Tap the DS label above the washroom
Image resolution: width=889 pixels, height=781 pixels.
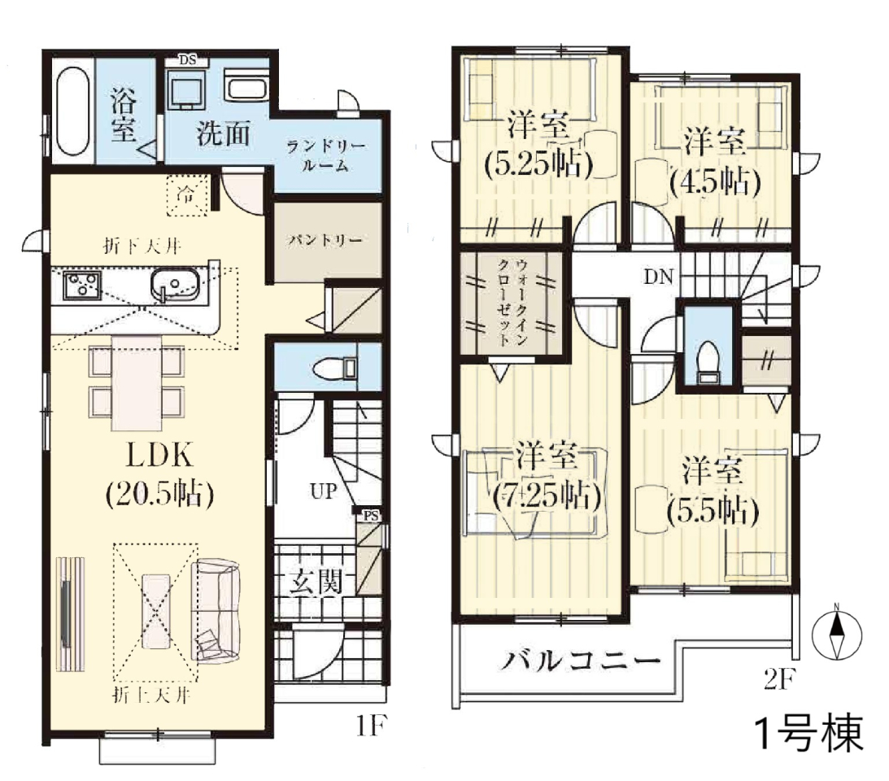(x=187, y=59)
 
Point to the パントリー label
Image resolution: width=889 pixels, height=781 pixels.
(x=325, y=240)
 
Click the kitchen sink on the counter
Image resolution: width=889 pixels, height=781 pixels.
(x=175, y=283)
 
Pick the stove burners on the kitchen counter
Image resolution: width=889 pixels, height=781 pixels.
(x=81, y=284)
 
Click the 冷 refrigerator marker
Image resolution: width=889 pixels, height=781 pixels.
(x=186, y=195)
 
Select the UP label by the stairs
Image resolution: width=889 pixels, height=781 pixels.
(x=324, y=491)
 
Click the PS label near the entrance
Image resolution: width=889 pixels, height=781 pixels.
(x=371, y=516)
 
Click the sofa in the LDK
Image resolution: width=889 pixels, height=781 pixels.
(x=216, y=610)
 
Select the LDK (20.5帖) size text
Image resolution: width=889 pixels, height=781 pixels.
(x=160, y=474)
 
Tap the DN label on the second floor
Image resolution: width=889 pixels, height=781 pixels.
(x=658, y=277)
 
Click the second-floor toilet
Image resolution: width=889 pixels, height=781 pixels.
(x=708, y=362)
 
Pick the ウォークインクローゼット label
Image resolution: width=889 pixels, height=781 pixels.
(x=512, y=303)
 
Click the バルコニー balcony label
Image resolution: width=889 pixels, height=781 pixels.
(x=580, y=661)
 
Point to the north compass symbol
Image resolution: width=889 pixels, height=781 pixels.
(x=837, y=633)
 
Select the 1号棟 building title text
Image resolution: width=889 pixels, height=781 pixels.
(x=809, y=734)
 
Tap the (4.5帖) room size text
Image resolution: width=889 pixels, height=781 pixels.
(x=714, y=181)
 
